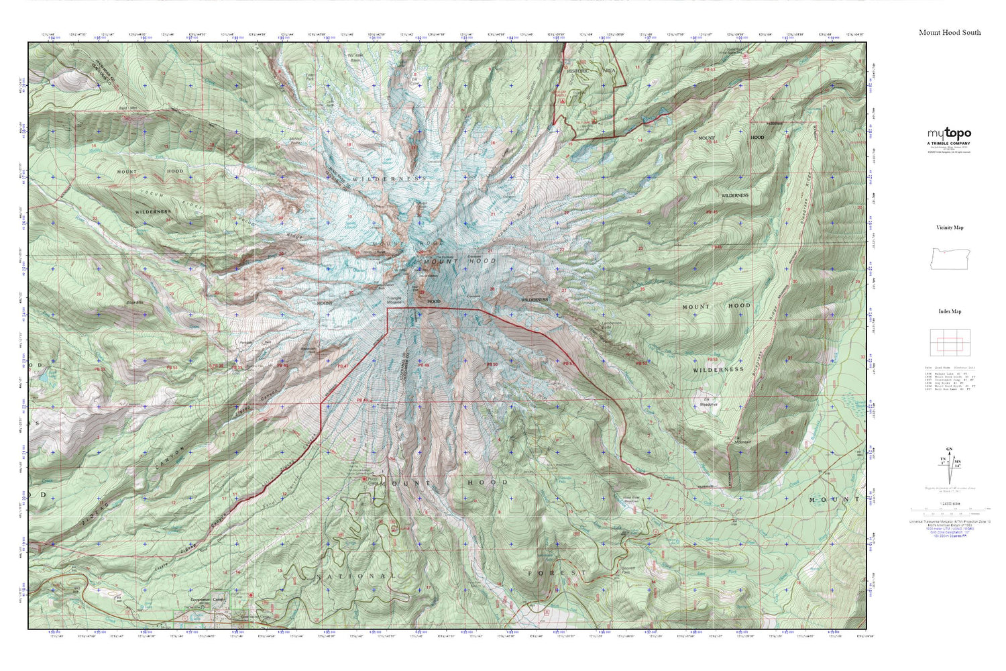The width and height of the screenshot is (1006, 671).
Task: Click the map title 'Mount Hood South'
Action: (949, 32)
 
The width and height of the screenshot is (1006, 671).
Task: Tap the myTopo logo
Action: (949, 134)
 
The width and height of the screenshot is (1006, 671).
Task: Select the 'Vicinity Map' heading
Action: (949, 227)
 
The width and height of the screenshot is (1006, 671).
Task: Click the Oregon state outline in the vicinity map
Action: (949, 258)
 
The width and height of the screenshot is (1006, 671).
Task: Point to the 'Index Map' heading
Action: (949, 311)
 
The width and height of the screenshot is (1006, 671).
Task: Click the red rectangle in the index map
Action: (949, 344)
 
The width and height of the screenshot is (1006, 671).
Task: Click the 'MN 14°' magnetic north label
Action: (958, 462)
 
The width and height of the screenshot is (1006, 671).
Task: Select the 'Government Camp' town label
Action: (209, 599)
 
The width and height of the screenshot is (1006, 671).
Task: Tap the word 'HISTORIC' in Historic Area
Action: (577, 70)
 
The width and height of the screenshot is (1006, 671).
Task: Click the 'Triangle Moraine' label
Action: (394, 299)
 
